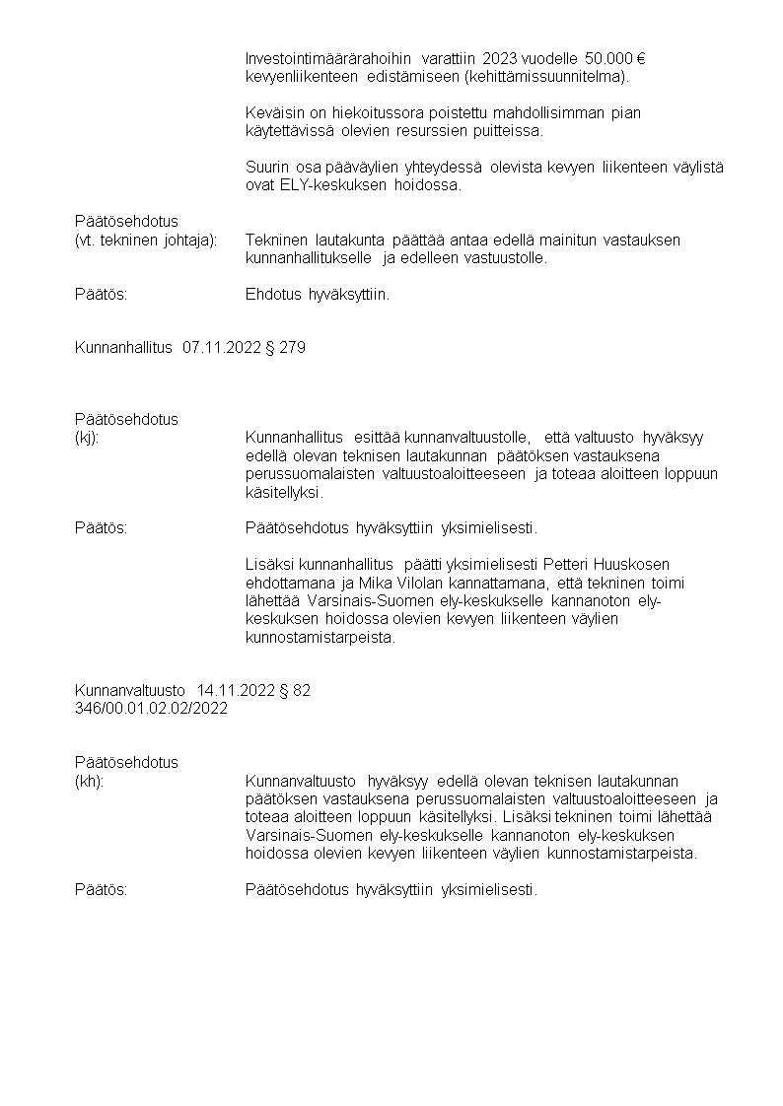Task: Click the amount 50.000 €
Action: pyautogui.click(x=614, y=58)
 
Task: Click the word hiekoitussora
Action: pyautogui.click(x=356, y=113)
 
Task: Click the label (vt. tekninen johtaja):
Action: pyautogui.click(x=146, y=240)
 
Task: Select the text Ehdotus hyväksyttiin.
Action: pyautogui.click(x=317, y=294)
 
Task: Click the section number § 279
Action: pyautogui.click(x=286, y=347)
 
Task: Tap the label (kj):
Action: pyautogui.click(x=87, y=438)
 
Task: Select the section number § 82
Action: pyautogui.click(x=295, y=690)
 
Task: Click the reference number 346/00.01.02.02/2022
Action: pyautogui.click(x=151, y=709)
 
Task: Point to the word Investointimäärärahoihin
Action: pyautogui.click(x=328, y=58)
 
